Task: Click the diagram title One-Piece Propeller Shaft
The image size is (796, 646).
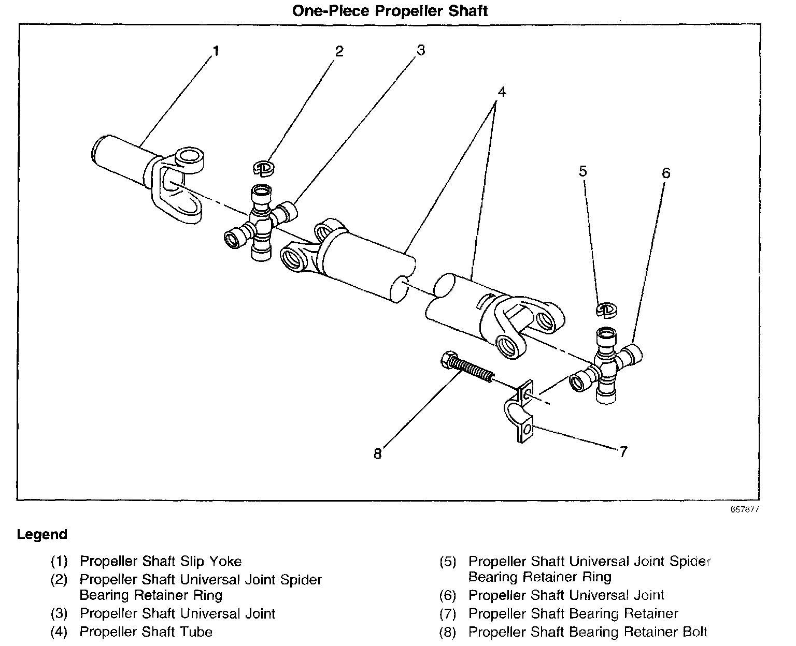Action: [x=390, y=10]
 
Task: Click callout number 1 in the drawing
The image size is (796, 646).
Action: [x=216, y=51]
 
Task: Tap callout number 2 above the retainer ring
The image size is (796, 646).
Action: [x=339, y=51]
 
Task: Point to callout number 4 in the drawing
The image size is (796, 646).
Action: [x=501, y=92]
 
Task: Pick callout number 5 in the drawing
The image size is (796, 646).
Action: [x=583, y=171]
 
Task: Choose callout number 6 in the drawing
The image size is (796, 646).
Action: [x=666, y=173]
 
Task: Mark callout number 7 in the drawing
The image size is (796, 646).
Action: [x=623, y=452]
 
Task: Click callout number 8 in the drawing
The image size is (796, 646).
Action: [x=377, y=454]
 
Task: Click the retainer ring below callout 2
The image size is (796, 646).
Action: [x=264, y=167]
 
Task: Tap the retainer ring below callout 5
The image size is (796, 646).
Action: [x=605, y=309]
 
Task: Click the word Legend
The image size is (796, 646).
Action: [x=42, y=534]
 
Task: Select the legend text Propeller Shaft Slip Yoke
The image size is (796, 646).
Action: [x=161, y=561]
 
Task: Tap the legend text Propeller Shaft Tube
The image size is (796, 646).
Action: [x=146, y=632]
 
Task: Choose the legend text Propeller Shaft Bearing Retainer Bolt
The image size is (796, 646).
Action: [x=588, y=632]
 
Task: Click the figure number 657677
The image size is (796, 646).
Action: [x=745, y=509]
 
